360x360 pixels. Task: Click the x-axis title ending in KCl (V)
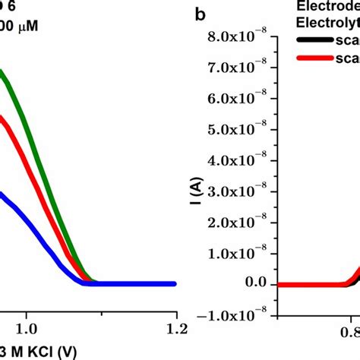[38, 352]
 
